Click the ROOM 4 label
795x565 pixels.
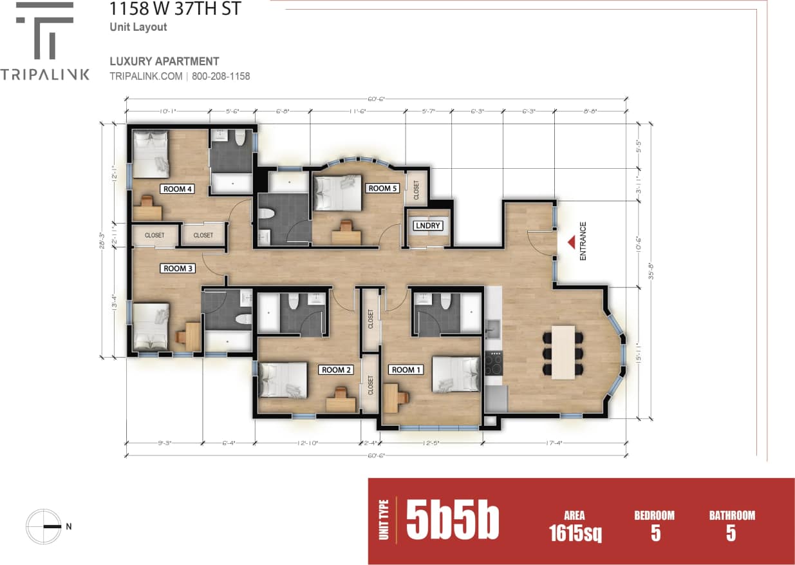click(x=177, y=189)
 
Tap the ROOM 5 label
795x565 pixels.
click(x=382, y=188)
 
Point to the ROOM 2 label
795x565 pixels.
click(x=335, y=370)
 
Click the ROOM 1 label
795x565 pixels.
click(x=406, y=370)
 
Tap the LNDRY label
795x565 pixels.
click(x=428, y=225)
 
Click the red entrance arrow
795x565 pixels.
click(x=570, y=242)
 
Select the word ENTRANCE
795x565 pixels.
click(x=583, y=241)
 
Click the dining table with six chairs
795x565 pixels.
click(x=563, y=352)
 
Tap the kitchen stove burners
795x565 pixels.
click(x=493, y=365)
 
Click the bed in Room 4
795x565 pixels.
click(x=151, y=153)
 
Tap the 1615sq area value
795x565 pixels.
click(x=575, y=533)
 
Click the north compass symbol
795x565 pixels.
click(x=44, y=526)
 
